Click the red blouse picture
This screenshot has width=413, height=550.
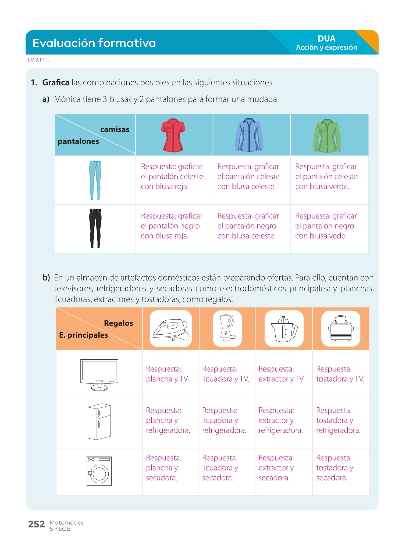click(173, 135)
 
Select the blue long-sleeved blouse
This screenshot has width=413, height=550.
click(249, 135)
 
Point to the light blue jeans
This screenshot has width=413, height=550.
click(95, 180)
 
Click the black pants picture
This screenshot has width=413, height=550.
click(95, 228)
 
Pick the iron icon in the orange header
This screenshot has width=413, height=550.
click(171, 328)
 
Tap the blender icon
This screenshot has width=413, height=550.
click(227, 328)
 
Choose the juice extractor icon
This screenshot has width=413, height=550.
click(284, 328)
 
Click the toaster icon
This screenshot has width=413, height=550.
click(341, 328)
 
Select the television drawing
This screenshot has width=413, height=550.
click(99, 374)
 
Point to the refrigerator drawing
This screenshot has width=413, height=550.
click(99, 421)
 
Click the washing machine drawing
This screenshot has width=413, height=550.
click(99, 471)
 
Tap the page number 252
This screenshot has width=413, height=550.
click(37, 524)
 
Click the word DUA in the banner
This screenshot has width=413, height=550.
click(326, 39)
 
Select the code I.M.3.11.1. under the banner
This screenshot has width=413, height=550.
click(38, 60)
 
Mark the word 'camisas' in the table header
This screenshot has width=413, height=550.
click(115, 129)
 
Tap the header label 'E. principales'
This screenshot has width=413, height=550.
click(84, 335)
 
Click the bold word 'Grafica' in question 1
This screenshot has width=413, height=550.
click(56, 82)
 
